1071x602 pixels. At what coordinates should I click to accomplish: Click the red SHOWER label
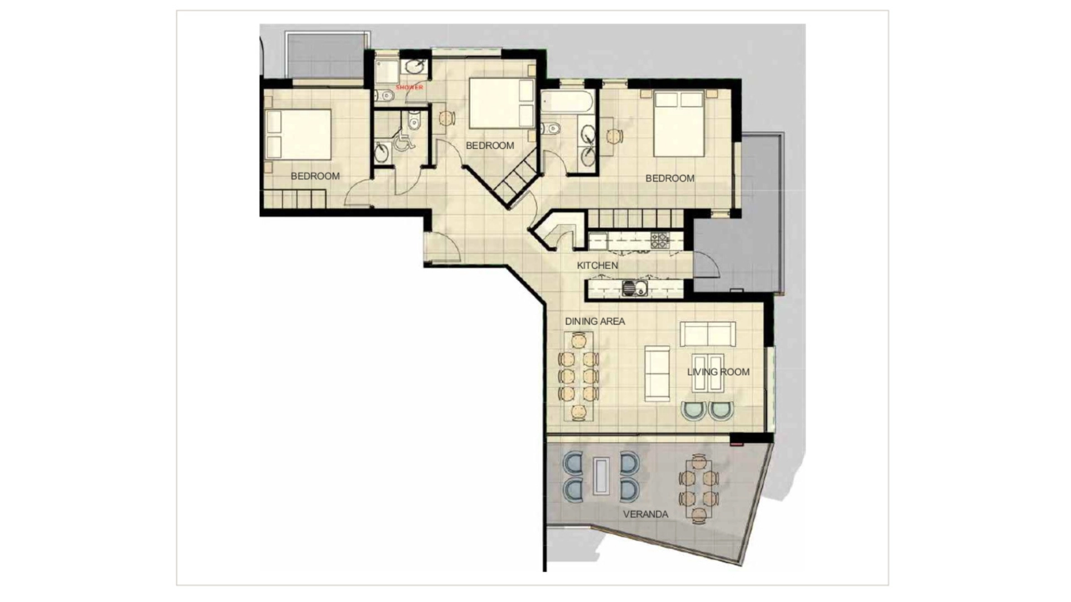pos(409,88)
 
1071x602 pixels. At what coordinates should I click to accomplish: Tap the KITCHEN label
pos(597,266)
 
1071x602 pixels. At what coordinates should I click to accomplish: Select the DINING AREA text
pos(595,321)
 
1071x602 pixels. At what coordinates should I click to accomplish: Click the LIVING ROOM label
pos(718,372)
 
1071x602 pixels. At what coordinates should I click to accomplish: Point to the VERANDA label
pos(645,514)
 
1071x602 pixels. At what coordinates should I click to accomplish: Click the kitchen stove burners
pos(660,240)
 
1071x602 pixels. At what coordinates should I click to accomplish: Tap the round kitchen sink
pos(629,288)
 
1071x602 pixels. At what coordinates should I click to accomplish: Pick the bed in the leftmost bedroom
pos(298,134)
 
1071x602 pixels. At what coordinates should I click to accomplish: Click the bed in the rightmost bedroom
pos(679,124)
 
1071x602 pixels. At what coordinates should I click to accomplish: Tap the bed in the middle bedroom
pos(501,103)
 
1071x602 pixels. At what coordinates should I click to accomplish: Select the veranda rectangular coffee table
pos(601,476)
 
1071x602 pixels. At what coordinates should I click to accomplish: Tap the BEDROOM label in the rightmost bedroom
pos(670,179)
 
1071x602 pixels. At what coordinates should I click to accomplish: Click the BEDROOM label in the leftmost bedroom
pos(315,176)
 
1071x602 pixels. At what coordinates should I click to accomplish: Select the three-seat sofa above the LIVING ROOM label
pos(708,334)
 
